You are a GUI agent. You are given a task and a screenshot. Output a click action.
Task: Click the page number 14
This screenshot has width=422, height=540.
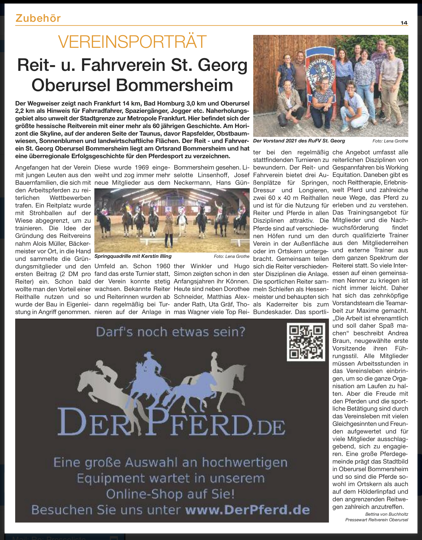click(x=404, y=23)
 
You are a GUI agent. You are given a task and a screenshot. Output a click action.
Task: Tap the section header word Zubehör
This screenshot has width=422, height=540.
click(x=38, y=18)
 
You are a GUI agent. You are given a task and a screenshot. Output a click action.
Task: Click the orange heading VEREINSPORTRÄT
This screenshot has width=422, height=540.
click(x=132, y=42)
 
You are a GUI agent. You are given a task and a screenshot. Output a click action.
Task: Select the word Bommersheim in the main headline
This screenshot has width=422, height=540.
click(x=174, y=85)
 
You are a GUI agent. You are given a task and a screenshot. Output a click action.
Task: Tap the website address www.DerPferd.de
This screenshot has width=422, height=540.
click(x=247, y=510)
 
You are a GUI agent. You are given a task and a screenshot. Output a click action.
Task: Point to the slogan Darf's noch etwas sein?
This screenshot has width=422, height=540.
click(x=171, y=332)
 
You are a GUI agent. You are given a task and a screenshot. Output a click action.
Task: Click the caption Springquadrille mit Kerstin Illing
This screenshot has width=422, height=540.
click(x=133, y=256)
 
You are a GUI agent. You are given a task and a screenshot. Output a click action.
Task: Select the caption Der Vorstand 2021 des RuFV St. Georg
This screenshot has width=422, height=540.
click(x=299, y=141)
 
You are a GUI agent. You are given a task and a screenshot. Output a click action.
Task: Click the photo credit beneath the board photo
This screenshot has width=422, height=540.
click(x=390, y=141)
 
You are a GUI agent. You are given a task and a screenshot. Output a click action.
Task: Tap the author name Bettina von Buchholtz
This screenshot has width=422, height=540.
click(x=387, y=514)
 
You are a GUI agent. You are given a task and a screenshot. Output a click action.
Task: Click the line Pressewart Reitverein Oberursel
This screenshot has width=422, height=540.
click(x=377, y=520)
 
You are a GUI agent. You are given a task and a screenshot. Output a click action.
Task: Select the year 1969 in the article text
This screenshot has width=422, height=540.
click(x=143, y=168)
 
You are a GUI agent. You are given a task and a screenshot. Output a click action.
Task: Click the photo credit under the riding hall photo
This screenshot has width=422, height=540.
click(x=231, y=256)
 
